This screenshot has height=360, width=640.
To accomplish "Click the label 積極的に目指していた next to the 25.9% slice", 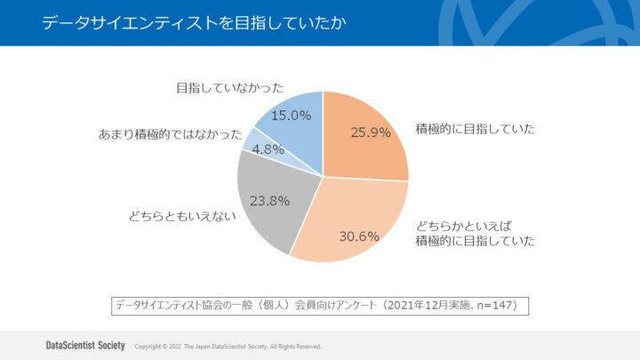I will pyautogui.click(x=475, y=129).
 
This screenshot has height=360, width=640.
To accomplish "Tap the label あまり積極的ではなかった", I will pyautogui.click(x=170, y=134).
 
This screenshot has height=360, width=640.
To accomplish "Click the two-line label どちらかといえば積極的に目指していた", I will pyautogui.click(x=475, y=232).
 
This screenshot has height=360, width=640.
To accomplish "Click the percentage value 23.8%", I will pyautogui.click(x=269, y=200).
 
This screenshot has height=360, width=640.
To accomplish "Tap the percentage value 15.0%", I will pyautogui.click(x=291, y=115).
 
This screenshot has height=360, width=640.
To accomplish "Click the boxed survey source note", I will pyautogui.click(x=320, y=305).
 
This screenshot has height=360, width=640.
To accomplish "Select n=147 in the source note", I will pyautogui.click(x=498, y=305).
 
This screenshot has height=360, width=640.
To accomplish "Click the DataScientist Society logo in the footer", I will pyautogui.click(x=85, y=345).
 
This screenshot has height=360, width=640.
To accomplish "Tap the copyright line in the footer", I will pyautogui.click(x=228, y=346).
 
